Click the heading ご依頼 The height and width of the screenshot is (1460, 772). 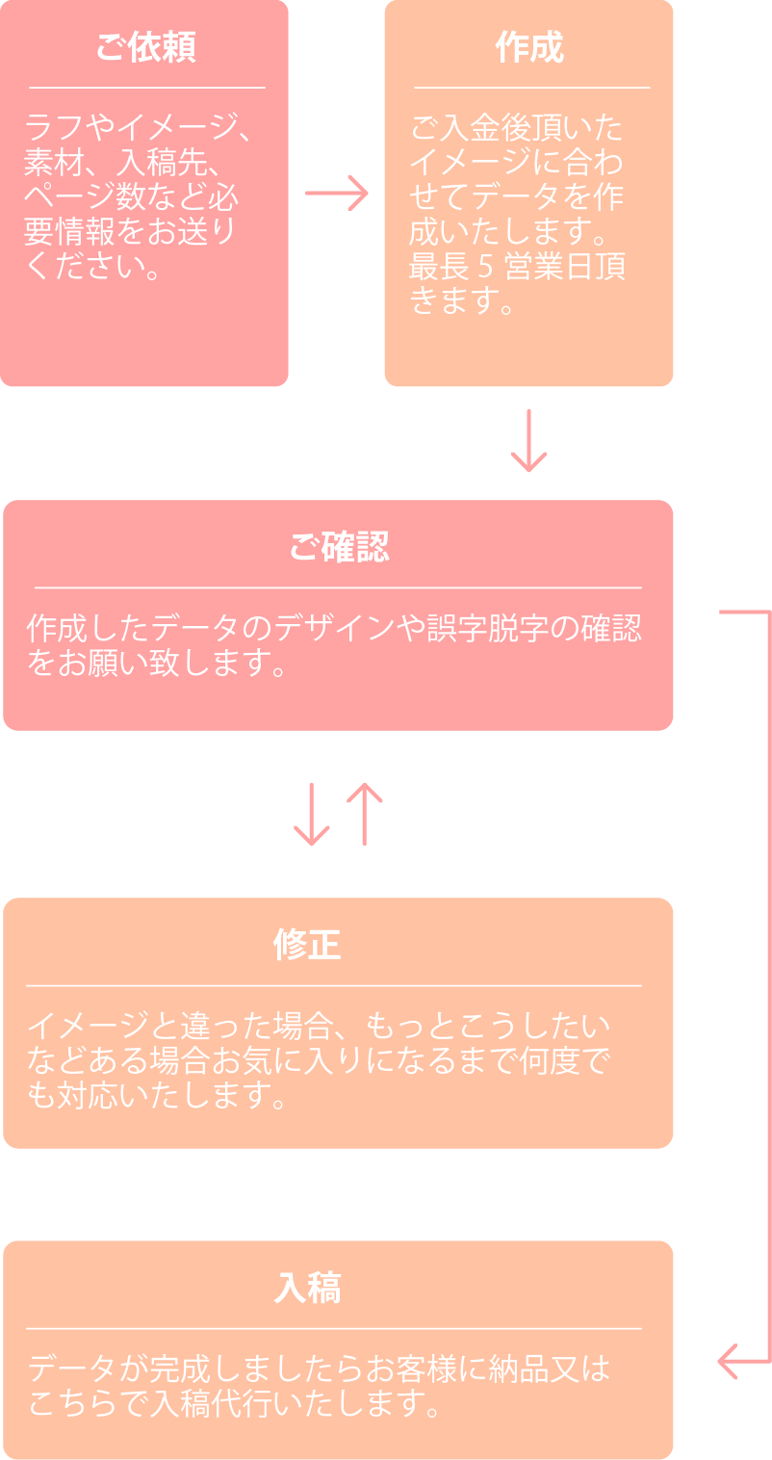click(144, 47)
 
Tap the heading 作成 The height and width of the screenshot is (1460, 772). click(528, 47)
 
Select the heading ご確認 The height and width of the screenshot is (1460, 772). click(338, 547)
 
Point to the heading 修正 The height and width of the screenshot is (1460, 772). click(307, 945)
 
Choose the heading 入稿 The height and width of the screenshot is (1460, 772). click(307, 1288)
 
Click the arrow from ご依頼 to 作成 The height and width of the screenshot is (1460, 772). click(337, 194)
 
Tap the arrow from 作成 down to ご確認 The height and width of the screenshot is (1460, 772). click(528, 441)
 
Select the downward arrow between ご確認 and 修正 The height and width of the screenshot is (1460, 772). click(311, 815)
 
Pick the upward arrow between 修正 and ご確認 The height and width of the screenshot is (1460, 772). click(364, 813)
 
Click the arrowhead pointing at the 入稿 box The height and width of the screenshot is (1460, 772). click(728, 1361)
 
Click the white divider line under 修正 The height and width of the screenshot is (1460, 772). click(333, 985)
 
